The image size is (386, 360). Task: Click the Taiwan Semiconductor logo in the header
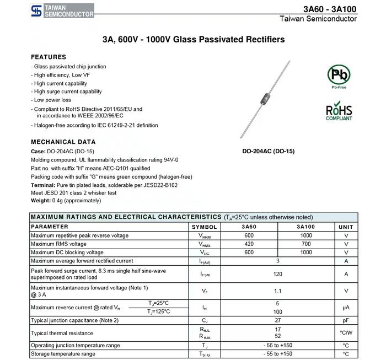tap(62, 10)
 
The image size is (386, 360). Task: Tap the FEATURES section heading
tap(49, 57)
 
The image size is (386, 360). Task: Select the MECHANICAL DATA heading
tap(63, 142)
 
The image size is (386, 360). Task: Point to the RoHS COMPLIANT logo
tap(339, 111)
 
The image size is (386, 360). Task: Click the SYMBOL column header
tap(204, 227)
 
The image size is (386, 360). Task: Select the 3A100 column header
tap(305, 227)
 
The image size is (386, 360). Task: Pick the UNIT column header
tap(346, 227)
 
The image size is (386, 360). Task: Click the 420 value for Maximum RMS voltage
tap(249, 244)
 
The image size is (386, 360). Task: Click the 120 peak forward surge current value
tap(277, 274)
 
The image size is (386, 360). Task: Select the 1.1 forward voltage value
tap(277, 291)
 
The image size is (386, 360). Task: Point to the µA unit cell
tap(346, 308)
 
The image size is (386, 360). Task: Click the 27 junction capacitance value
tap(277, 320)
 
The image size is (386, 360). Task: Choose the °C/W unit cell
tap(346, 333)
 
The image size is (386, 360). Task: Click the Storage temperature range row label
tap(63, 354)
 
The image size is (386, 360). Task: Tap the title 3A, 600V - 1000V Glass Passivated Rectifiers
tap(193, 40)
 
